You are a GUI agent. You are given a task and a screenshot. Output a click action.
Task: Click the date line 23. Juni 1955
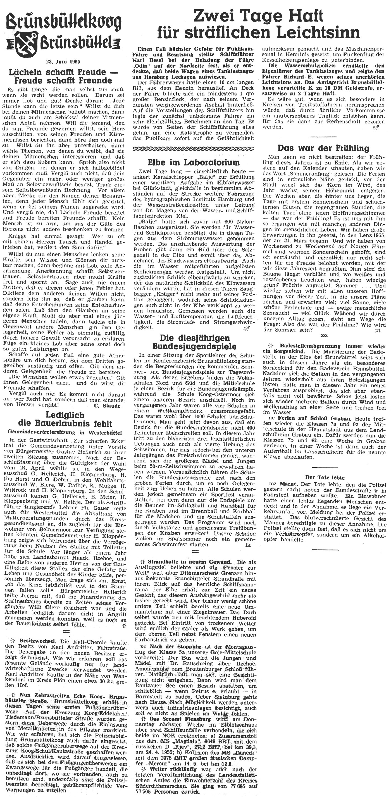coord(64,61)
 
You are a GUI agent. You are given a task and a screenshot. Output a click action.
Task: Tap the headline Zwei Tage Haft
coord(258,15)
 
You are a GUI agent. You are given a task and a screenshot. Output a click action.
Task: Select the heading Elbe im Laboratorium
coord(194,162)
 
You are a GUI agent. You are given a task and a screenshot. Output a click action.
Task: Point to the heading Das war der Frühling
coord(323,148)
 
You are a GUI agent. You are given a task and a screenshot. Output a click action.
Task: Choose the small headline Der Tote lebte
coord(325,478)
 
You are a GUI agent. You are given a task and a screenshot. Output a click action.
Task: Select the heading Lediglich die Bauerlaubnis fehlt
coord(65,419)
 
